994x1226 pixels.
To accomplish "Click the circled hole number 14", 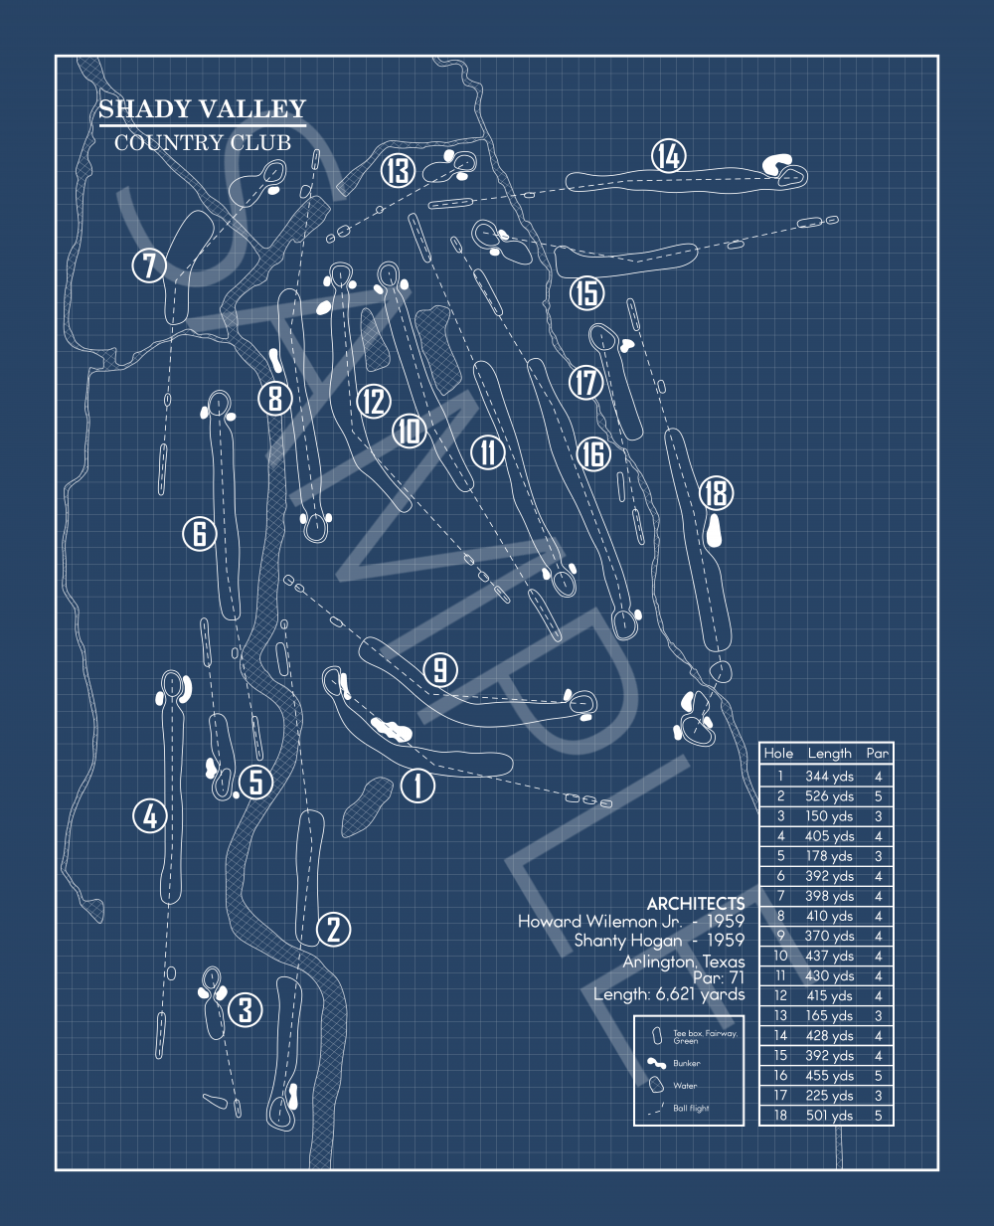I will [x=669, y=156].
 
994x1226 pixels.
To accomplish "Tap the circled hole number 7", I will [x=149, y=265].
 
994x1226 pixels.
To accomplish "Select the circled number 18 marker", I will [x=716, y=492].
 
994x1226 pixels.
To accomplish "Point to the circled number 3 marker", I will [x=246, y=1010].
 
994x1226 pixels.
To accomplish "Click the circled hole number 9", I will [x=440, y=669].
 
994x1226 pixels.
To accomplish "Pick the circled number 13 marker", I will [x=398, y=170].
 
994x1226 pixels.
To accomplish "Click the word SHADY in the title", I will [x=146, y=109].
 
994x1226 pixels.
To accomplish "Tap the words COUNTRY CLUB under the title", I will [x=203, y=143].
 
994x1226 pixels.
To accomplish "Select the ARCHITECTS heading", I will [x=695, y=903].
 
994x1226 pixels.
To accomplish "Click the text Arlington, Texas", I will [x=683, y=961].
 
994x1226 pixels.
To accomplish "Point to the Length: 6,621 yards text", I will [x=668, y=994].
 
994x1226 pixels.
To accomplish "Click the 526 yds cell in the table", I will [x=829, y=796].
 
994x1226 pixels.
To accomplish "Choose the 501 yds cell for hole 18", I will [x=829, y=1116].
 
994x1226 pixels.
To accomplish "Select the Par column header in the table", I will [x=877, y=754].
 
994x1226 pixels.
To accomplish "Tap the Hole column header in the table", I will [x=778, y=754].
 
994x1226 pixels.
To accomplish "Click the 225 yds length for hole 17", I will [x=829, y=1096].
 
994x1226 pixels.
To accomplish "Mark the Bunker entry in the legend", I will [x=686, y=1063].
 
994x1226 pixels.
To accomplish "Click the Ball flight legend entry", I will [x=691, y=1108].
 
